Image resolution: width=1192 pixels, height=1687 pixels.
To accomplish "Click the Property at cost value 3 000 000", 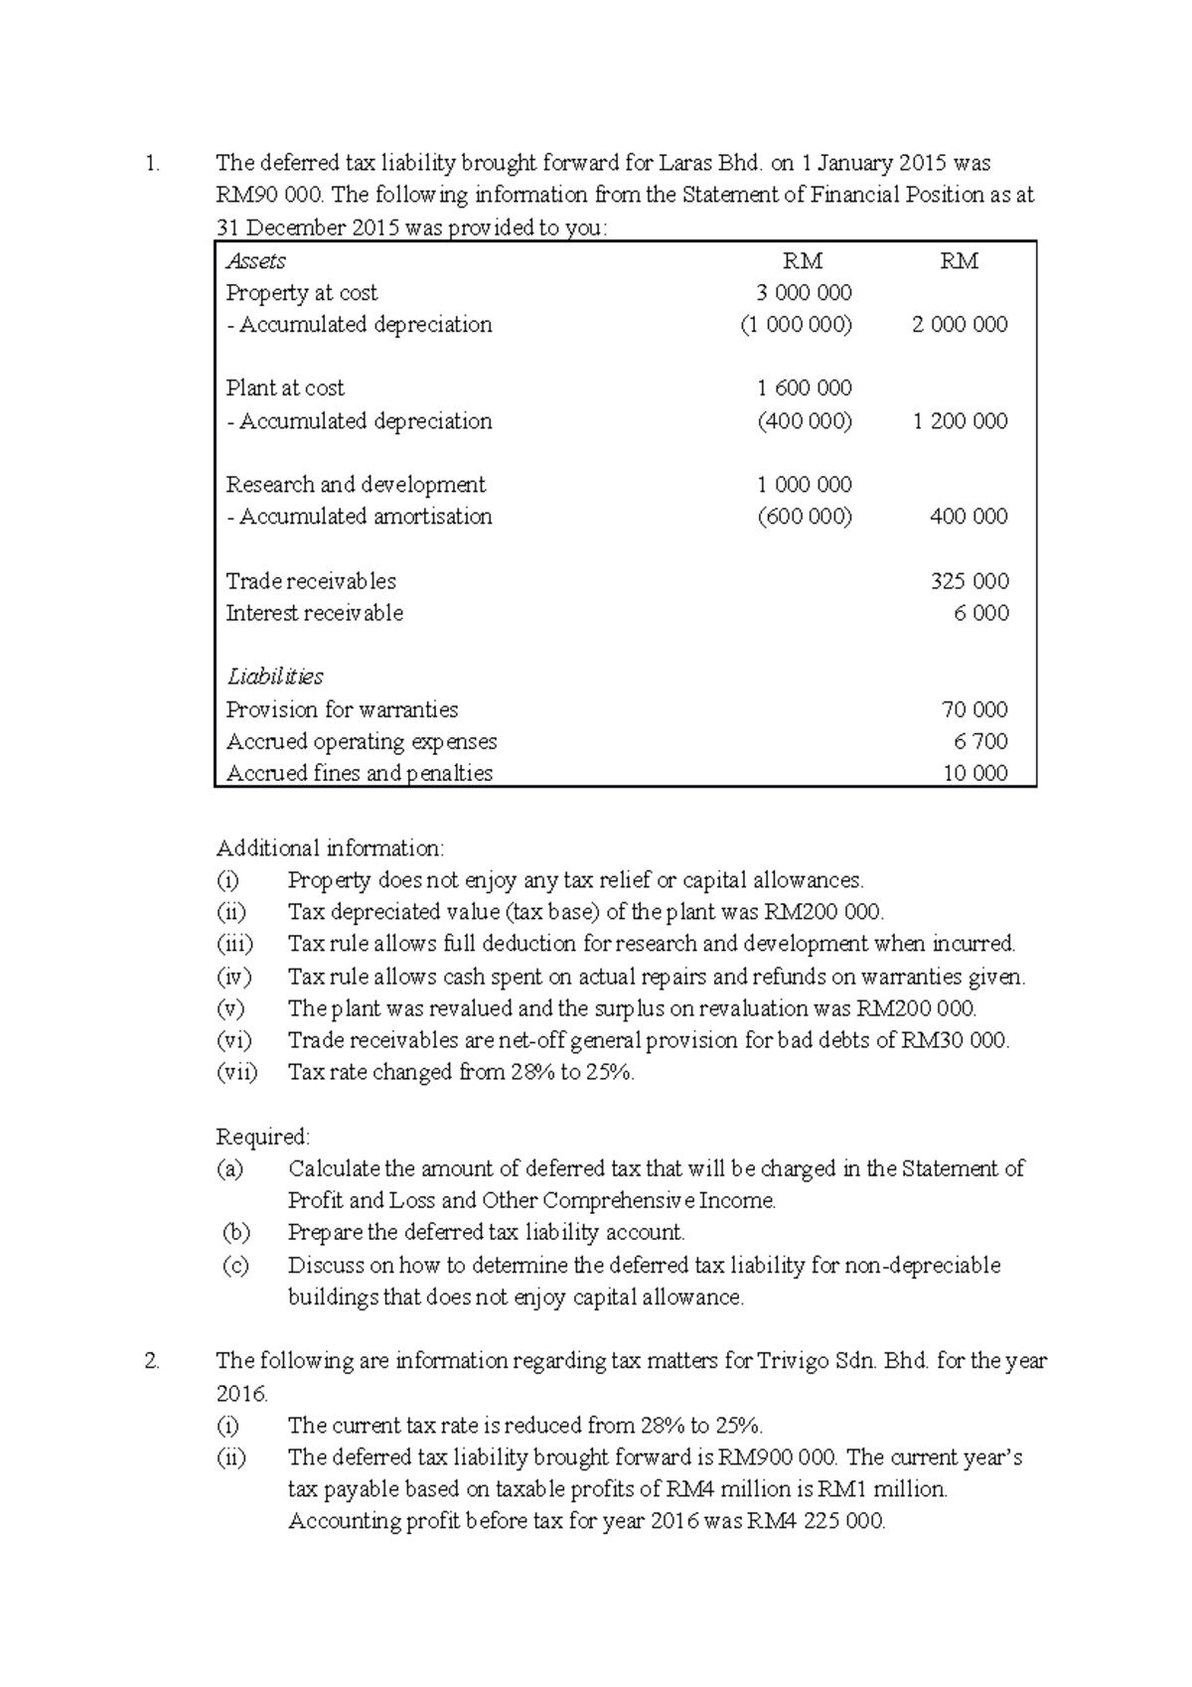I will (804, 293).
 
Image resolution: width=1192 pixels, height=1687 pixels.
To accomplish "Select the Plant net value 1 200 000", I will (960, 421).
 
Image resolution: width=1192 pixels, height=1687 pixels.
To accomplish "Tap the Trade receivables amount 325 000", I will (968, 581).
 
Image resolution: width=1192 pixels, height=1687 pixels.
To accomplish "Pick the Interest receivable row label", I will (314, 613).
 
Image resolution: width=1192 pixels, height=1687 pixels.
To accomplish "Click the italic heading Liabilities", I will (274, 677).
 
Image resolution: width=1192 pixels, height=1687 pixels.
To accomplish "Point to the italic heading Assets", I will (255, 261).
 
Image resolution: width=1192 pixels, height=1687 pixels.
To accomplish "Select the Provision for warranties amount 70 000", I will (974, 709).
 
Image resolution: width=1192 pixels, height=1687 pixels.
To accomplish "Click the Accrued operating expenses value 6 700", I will (980, 741).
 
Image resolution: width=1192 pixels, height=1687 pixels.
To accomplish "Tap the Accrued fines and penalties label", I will (359, 773).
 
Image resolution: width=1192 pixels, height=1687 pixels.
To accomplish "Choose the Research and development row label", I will (356, 485).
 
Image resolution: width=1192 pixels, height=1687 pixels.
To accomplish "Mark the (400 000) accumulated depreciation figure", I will (804, 421).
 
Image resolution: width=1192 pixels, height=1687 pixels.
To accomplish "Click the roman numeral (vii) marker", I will (236, 1072).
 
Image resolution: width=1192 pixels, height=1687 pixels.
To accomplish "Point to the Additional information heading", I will (331, 848).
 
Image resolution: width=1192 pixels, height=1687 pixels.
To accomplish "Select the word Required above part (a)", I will (263, 1137).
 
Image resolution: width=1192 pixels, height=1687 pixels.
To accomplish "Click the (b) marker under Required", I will (235, 1233).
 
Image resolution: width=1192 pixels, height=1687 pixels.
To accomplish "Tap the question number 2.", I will (151, 1361).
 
